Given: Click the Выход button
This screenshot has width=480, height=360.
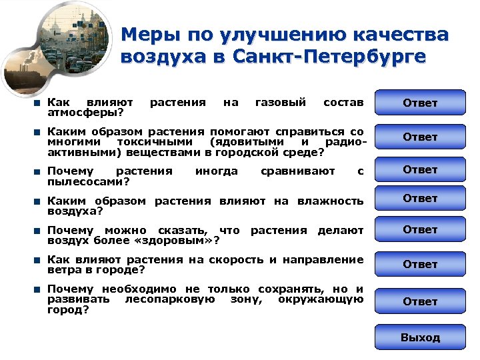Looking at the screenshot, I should point(420,337).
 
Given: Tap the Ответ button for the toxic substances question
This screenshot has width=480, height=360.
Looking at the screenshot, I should point(420,137).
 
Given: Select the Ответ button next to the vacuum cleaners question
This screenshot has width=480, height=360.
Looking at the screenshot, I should point(420,169).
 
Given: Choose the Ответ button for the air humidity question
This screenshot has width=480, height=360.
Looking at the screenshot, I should point(420,198).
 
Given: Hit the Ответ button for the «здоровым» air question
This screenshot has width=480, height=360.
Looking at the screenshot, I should point(420,229).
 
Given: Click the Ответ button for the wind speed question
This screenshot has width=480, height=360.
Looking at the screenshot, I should point(420,264).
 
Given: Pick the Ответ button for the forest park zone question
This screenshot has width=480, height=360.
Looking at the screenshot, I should point(420,301).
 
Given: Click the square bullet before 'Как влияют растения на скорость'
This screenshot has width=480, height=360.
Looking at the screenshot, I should point(39,260).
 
